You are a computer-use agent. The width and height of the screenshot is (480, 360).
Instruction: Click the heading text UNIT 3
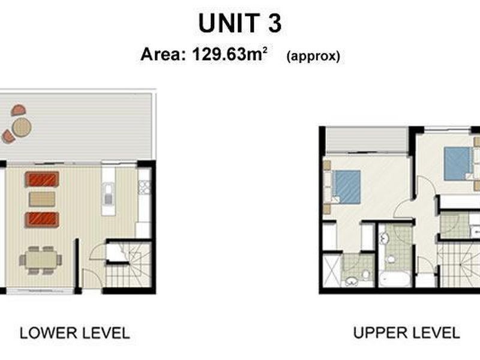coord(240,24)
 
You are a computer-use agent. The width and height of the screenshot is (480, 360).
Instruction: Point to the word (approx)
coord(313,56)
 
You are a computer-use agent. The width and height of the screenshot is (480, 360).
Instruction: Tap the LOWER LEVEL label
coord(74,333)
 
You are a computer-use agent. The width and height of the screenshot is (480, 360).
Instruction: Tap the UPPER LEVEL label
coord(406,332)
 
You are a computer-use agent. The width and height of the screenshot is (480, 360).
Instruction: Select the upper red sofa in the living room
coord(42,179)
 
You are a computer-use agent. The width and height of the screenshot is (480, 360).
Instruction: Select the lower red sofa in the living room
coord(42,219)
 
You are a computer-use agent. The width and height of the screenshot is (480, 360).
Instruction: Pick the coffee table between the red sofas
coord(42,199)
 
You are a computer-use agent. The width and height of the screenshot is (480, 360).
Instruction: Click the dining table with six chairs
coord(41,260)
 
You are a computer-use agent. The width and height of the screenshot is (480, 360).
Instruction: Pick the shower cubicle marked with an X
coord(331,271)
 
